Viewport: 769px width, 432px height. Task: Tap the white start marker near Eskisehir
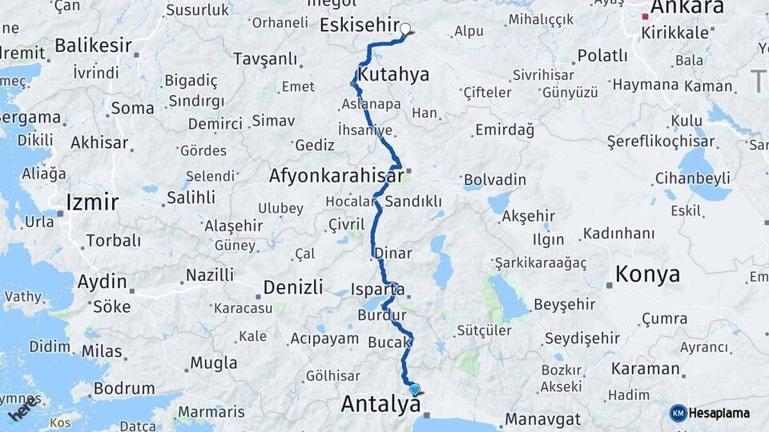[405, 30]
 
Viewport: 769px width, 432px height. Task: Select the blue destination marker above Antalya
[414, 390]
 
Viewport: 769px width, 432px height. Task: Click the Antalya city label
[380, 404]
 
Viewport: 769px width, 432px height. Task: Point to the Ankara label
[687, 7]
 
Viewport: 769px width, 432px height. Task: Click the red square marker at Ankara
[646, 16]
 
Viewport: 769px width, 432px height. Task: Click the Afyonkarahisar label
[336, 176]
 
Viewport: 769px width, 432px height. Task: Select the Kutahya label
[393, 75]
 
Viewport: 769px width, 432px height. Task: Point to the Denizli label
[293, 286]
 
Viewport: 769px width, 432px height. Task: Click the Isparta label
[377, 289]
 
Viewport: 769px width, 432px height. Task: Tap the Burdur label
[378, 316]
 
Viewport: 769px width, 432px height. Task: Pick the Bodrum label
[123, 388]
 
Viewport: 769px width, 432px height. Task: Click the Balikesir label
[95, 46]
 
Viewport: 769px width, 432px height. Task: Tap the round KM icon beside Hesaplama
[678, 413]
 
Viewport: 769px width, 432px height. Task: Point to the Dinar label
[393, 254]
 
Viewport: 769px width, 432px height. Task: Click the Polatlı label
[602, 55]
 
